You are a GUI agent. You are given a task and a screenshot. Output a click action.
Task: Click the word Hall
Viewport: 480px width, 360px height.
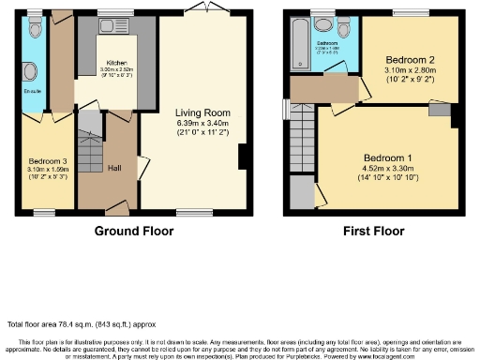click(x=113, y=168)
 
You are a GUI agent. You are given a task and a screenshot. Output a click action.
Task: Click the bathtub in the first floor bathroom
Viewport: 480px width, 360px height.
click(x=302, y=42)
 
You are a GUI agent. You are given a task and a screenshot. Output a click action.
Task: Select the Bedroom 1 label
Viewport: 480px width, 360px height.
click(x=387, y=157)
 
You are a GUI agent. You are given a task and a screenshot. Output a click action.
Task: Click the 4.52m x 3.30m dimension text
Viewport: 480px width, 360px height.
click(x=387, y=168)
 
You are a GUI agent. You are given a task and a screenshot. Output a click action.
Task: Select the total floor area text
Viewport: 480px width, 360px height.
click(x=67, y=324)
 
